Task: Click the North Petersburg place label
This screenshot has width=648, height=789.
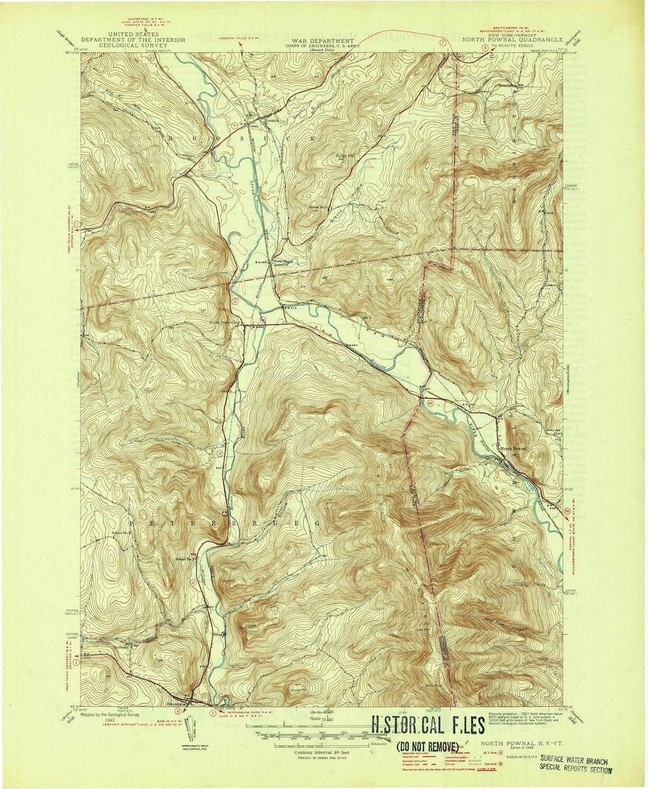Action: coord(224,322)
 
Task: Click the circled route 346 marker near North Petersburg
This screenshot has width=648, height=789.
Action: coord(263,319)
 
